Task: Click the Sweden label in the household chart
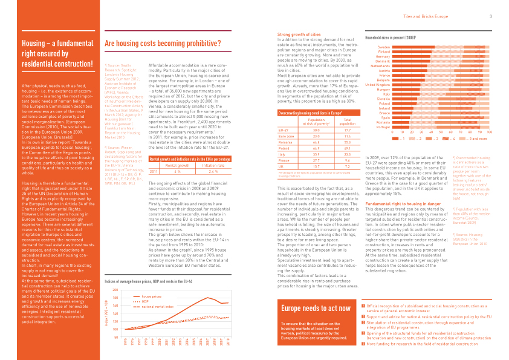point(383,47)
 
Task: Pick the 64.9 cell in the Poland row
point(316,148)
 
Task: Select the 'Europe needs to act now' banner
point(316,309)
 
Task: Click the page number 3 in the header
point(490,16)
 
